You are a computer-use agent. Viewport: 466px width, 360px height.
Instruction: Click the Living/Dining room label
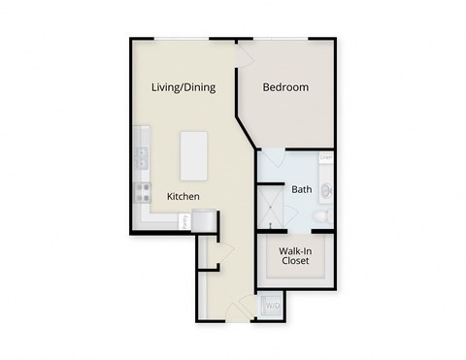click(x=183, y=87)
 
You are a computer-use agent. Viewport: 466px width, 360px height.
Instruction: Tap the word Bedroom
click(x=286, y=87)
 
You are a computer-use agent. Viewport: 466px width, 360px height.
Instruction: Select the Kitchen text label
click(x=183, y=197)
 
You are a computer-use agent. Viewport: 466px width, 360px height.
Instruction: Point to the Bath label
click(x=302, y=189)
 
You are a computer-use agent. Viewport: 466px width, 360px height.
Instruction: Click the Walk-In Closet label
click(x=295, y=255)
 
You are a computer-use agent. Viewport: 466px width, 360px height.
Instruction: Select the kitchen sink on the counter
click(x=142, y=155)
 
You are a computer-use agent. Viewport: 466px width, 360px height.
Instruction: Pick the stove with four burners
click(x=143, y=190)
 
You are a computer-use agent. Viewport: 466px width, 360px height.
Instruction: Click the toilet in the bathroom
click(x=324, y=215)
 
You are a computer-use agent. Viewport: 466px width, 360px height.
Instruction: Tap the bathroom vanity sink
click(x=327, y=188)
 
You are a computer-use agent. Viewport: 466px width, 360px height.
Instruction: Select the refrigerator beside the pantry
click(x=203, y=222)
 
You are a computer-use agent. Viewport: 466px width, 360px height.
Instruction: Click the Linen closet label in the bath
click(x=326, y=157)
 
